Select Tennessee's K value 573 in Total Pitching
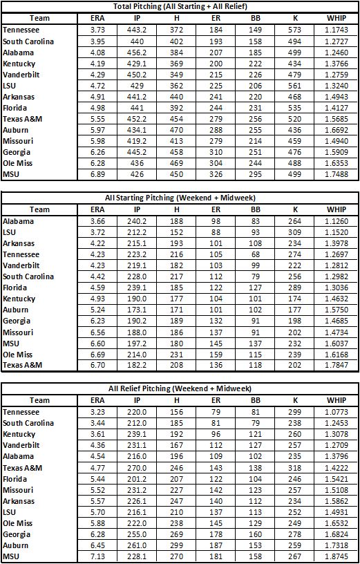tap(292, 30)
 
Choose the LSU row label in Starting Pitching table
tap(10, 233)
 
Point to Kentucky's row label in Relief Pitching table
tap(19, 434)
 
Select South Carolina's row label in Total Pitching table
tap(28, 41)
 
